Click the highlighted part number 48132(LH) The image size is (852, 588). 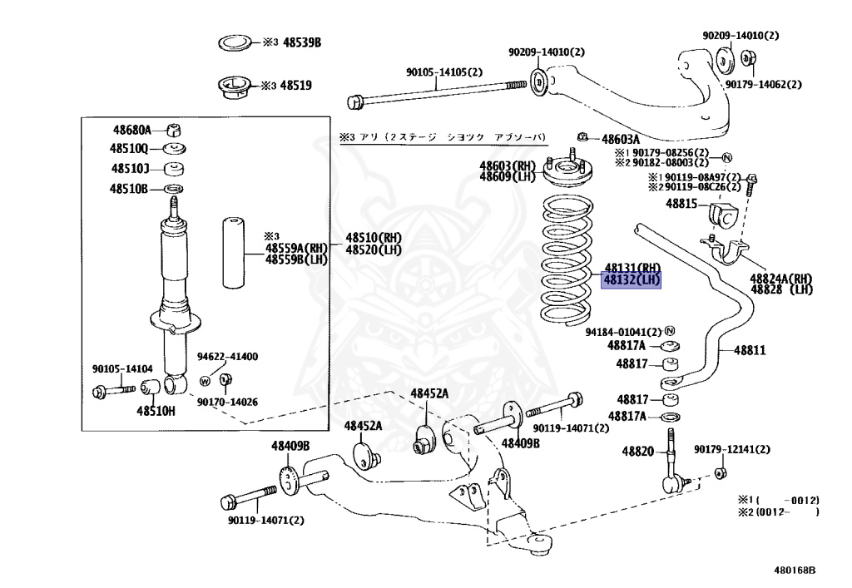[x=631, y=279]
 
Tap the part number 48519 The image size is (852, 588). [x=295, y=85]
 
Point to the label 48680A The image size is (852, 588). [x=132, y=130]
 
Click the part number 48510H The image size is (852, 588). [x=156, y=410]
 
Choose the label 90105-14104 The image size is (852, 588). [x=121, y=368]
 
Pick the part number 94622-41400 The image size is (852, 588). [x=227, y=356]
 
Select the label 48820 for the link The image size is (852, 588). [x=638, y=451]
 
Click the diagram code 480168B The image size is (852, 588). [x=795, y=571]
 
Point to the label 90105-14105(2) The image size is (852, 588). [x=443, y=72]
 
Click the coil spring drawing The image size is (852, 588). [x=567, y=259]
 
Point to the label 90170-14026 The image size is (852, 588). [x=227, y=402]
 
